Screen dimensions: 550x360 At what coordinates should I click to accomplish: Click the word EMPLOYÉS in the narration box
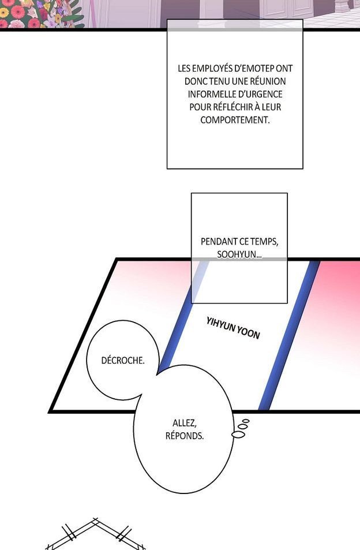coord(211,69)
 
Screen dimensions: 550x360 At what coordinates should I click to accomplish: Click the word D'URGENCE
coord(260,94)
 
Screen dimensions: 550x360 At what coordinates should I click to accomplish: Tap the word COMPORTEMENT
coord(235,120)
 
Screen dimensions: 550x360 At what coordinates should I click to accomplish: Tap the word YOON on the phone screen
coord(249,332)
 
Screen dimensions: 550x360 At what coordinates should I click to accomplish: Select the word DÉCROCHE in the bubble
coord(122,360)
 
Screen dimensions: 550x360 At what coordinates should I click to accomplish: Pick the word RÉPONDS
coord(185,436)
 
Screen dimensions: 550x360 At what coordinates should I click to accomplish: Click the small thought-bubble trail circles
coord(241,428)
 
